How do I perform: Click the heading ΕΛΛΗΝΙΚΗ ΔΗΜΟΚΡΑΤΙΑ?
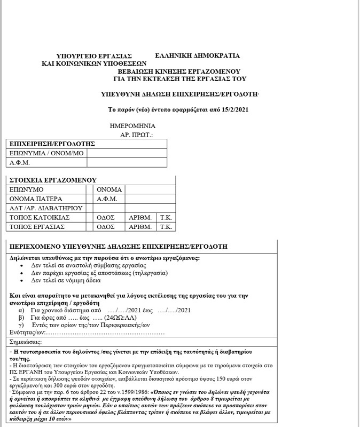coord(197,56)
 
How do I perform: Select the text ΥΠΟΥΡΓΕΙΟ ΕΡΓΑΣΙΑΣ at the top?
coord(93,56)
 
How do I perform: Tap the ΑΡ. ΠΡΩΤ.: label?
coord(137,136)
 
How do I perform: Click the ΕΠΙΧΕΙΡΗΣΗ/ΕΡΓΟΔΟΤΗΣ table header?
coord(52,144)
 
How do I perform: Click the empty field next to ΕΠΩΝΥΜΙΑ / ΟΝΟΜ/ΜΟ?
coord(127,153)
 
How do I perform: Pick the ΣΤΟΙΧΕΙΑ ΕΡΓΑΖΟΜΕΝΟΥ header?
coord(53,180)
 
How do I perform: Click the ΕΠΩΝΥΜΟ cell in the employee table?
coord(27,189)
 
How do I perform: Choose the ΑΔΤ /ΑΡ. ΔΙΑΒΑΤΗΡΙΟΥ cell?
coord(45,208)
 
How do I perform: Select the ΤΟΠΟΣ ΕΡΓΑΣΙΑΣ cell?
coord(37,226)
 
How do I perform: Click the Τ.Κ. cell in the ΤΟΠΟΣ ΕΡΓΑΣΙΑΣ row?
coord(165,226)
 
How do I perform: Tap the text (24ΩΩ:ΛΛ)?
coord(124,317)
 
